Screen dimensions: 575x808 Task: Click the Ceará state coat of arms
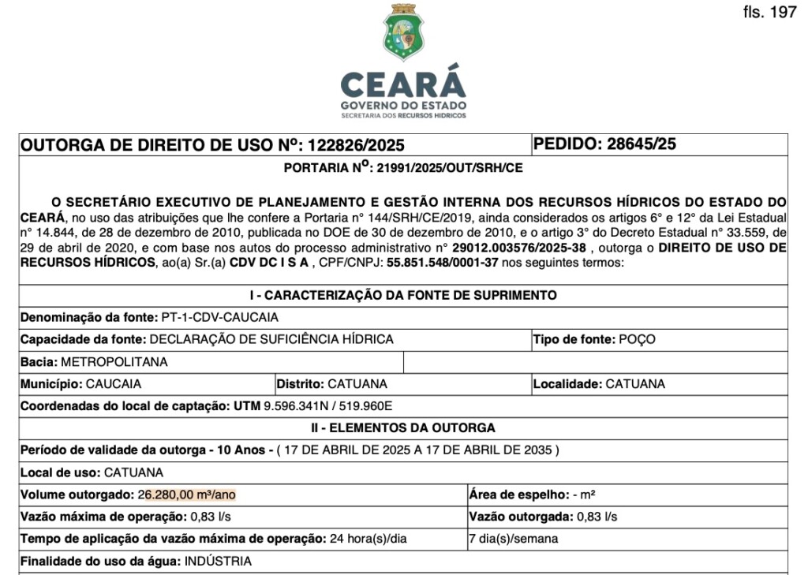[403, 33]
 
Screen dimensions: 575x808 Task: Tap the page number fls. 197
[769, 13]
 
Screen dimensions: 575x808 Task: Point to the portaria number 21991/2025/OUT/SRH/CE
[449, 168]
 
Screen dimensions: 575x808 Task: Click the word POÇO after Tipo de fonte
[637, 340]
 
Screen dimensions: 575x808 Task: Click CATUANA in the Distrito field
[357, 384]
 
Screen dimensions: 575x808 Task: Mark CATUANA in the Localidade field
[635, 384]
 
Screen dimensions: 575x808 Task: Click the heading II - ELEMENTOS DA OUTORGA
[403, 428]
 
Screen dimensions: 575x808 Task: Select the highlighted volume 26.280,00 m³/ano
[187, 495]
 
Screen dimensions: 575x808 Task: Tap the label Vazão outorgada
[522, 517]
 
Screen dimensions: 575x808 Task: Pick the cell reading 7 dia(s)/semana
[513, 539]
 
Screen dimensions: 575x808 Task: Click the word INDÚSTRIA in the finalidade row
[218, 562]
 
